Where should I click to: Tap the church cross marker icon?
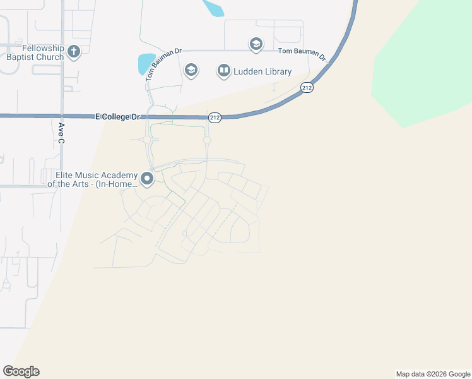[74, 52]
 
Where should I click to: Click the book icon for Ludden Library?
[224, 70]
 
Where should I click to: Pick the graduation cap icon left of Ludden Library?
[191, 69]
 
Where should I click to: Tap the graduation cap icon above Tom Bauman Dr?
[256, 44]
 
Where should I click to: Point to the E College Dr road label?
[117, 117]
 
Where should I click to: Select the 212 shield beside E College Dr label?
[215, 117]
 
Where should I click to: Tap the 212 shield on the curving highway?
[307, 88]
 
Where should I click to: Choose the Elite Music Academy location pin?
[147, 179]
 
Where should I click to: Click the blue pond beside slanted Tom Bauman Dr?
[146, 63]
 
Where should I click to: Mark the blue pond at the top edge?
[213, 7]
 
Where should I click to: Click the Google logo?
[21, 371]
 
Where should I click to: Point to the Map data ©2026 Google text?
[433, 374]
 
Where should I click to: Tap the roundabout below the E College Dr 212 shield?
[206, 140]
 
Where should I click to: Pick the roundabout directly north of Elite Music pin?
[147, 140]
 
